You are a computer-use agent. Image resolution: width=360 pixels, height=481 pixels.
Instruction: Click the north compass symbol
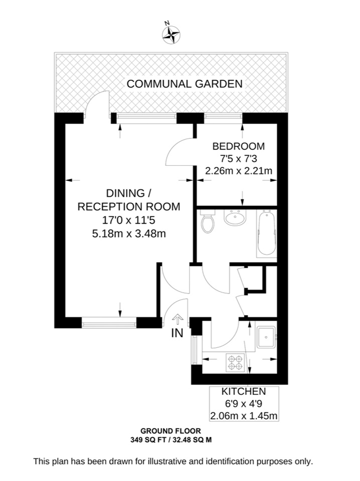tap(171, 33)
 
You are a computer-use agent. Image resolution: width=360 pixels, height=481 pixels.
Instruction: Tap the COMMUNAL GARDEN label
tap(185, 84)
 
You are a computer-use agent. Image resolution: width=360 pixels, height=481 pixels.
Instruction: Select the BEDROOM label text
tap(239, 146)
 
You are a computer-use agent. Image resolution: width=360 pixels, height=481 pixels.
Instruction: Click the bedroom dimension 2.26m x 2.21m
tap(239, 171)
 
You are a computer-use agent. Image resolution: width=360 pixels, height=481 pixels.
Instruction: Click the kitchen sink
tap(265, 337)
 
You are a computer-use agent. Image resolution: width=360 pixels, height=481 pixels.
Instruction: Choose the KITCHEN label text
tap(244, 391)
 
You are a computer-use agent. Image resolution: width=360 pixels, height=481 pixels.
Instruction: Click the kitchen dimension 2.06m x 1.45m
tap(244, 415)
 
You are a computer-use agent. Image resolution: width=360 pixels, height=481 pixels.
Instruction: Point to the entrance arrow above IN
tap(177, 319)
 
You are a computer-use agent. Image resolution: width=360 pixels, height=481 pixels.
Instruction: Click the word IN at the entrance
tap(177, 332)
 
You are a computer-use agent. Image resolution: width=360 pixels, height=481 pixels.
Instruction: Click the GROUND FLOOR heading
tap(170, 431)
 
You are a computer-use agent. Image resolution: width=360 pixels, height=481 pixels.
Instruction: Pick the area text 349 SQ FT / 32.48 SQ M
tap(170, 439)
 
